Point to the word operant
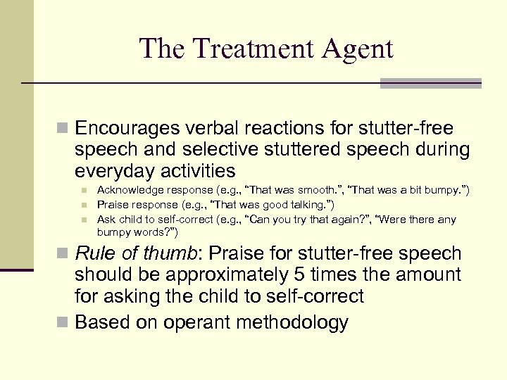(198, 322)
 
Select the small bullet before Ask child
(83, 220)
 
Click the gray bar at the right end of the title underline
(430, 83)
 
